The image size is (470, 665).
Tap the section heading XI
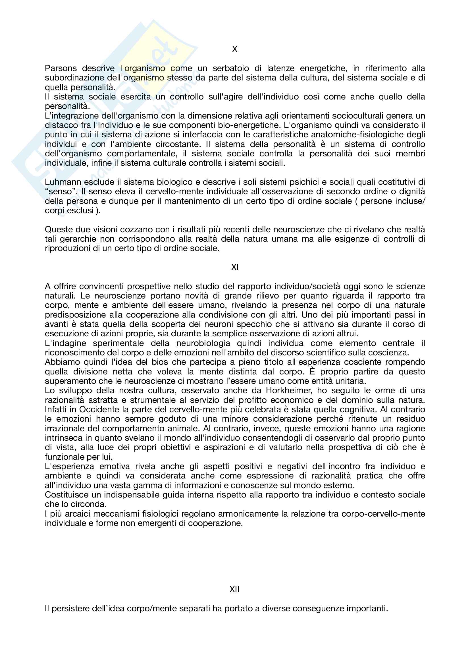click(x=235, y=267)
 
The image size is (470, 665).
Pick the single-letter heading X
click(x=235, y=49)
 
